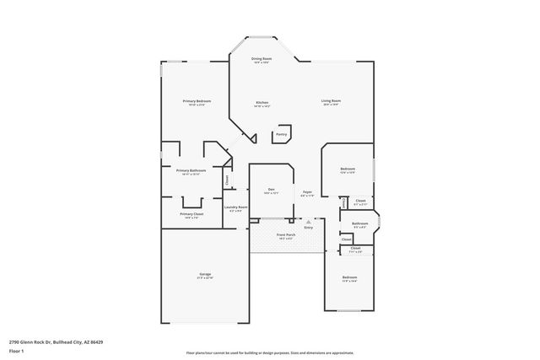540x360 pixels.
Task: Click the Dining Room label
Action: [261, 58]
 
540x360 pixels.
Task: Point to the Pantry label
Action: [281, 134]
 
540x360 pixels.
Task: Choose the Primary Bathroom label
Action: [191, 170]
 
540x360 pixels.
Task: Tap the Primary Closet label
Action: [192, 214]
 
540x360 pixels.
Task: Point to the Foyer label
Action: [308, 192]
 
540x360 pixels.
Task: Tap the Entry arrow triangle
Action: [308, 222]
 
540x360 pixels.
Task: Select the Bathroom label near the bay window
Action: [359, 223]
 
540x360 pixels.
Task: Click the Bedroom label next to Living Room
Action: [348, 169]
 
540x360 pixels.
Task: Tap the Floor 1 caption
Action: [17, 350]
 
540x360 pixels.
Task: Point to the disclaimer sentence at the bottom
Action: [270, 352]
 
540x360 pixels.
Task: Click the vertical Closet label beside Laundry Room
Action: [226, 179]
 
